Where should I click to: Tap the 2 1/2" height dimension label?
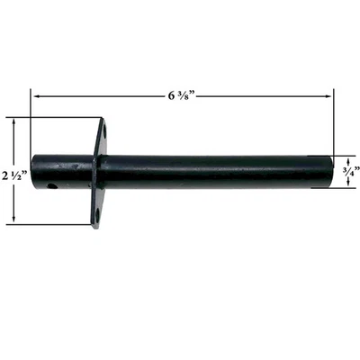tap(15, 169)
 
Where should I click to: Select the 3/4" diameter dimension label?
tap(349, 172)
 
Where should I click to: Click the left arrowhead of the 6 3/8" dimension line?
tap(35, 93)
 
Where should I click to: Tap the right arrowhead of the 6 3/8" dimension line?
tap(329, 93)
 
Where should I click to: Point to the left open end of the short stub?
tap(34, 172)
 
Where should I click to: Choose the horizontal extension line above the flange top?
tap(54, 117)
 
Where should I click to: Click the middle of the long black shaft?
tap(216, 172)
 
